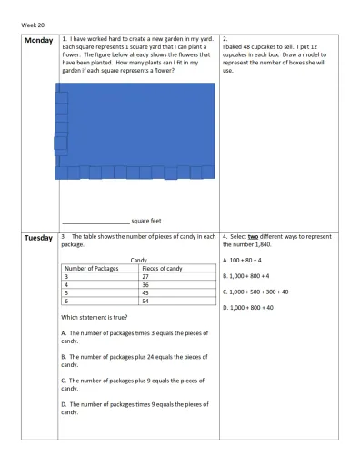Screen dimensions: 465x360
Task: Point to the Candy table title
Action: (x=139, y=261)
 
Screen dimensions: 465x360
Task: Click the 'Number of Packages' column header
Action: (x=92, y=269)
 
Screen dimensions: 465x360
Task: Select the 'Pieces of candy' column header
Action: (x=163, y=269)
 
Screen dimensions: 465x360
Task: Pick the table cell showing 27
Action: (x=147, y=277)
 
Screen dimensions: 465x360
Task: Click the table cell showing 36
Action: (x=147, y=285)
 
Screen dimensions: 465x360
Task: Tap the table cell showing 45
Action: (x=147, y=293)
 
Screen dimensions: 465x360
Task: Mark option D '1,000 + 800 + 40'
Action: (x=247, y=309)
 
